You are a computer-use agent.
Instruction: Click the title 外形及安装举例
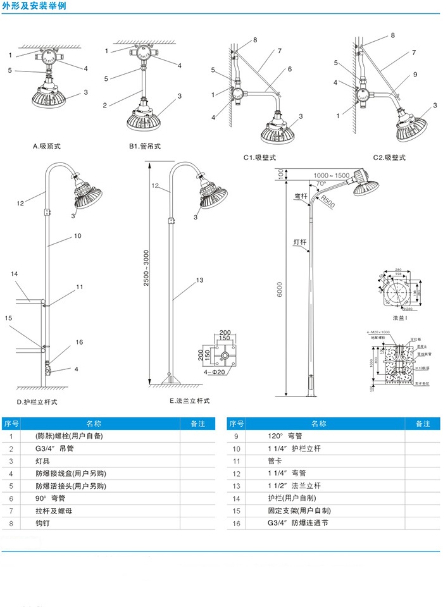[34, 6]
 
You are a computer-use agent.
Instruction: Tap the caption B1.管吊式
[145, 146]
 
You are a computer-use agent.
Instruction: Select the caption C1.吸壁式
[260, 157]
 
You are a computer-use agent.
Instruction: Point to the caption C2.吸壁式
[388, 157]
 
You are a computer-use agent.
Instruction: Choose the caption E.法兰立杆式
[189, 401]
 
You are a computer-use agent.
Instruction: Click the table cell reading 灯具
[44, 461]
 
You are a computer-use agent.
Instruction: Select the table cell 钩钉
[44, 524]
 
